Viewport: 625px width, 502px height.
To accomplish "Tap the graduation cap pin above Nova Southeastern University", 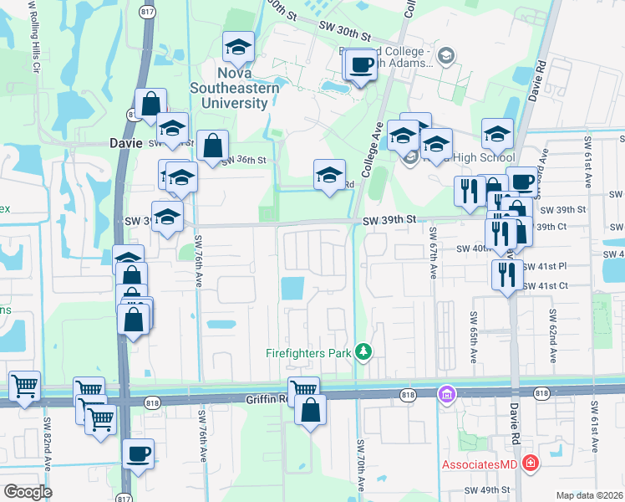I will tap(239, 49).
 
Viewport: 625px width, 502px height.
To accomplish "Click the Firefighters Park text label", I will tap(307, 353).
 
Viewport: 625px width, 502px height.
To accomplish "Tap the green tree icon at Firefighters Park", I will tap(363, 351).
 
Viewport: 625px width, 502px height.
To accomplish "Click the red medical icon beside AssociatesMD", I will tap(529, 463).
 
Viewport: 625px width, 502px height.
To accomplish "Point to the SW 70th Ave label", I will tap(361, 465).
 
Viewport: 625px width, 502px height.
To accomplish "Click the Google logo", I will tap(27, 492).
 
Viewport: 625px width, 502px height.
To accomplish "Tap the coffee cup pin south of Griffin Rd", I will tap(139, 455).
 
